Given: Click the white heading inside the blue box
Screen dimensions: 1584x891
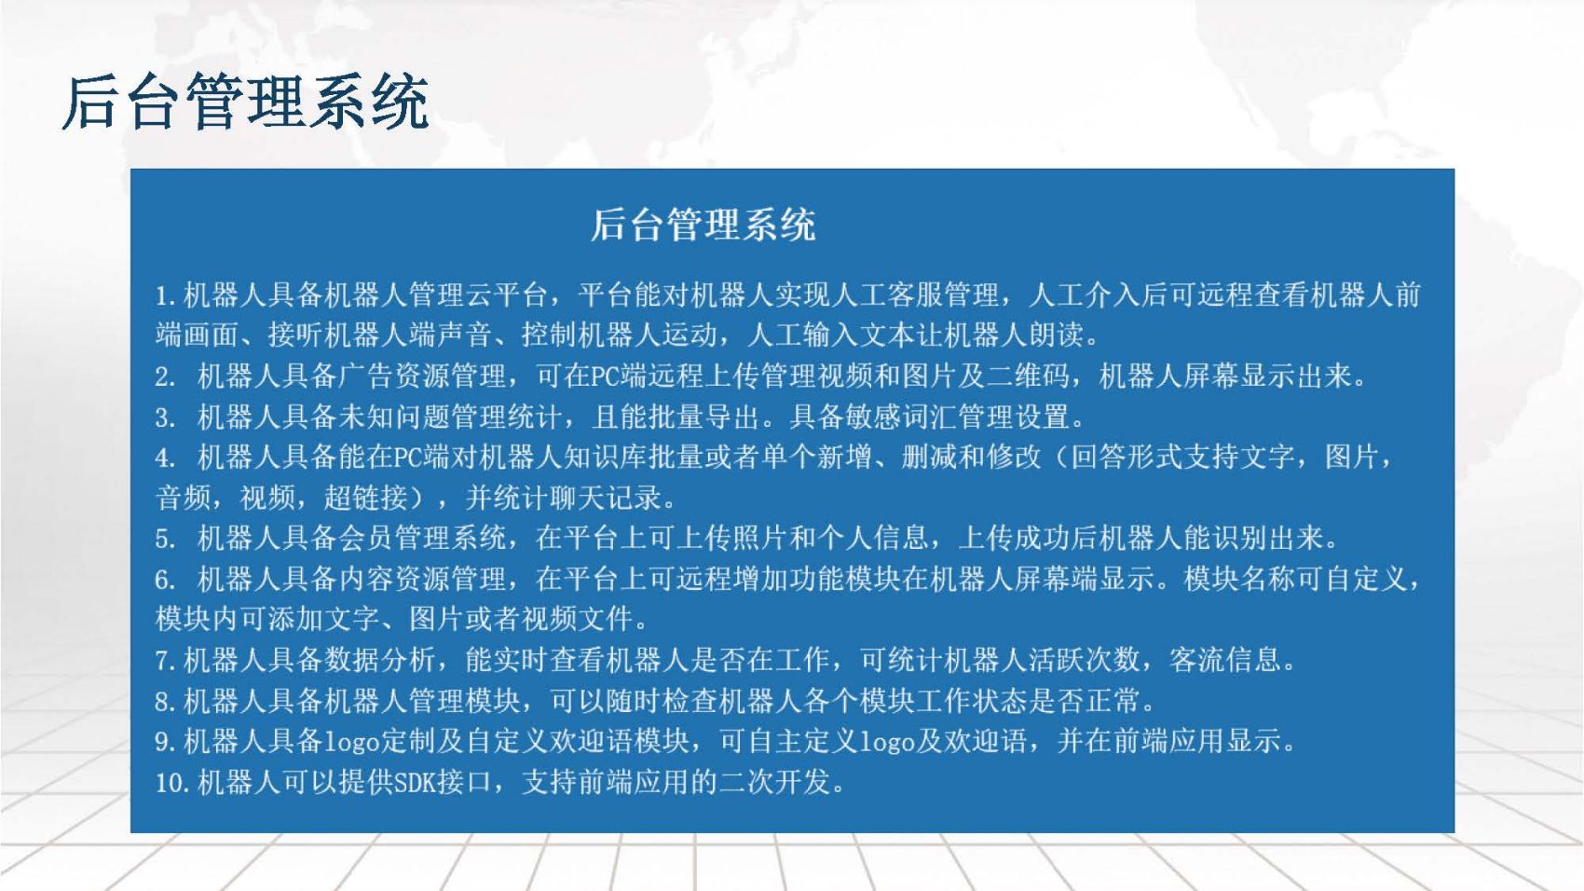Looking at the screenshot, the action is (703, 225).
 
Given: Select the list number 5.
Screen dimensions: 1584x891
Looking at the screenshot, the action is (165, 540).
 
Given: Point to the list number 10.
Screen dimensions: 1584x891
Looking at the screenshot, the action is (171, 783).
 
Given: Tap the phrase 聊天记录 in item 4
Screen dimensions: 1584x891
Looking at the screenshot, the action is (606, 498).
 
